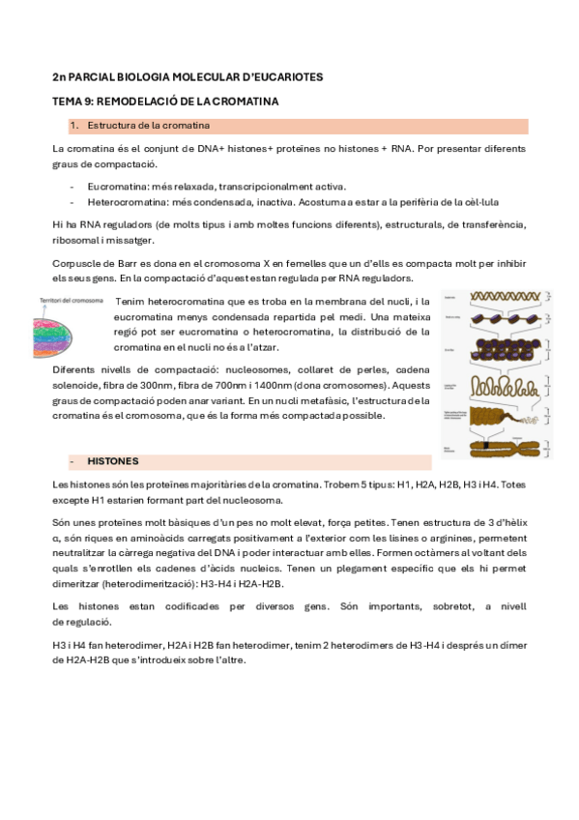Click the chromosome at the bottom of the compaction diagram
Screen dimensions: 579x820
[x=491, y=448]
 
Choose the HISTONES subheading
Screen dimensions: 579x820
[x=114, y=461]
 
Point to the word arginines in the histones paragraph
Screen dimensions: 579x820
[x=418, y=537]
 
